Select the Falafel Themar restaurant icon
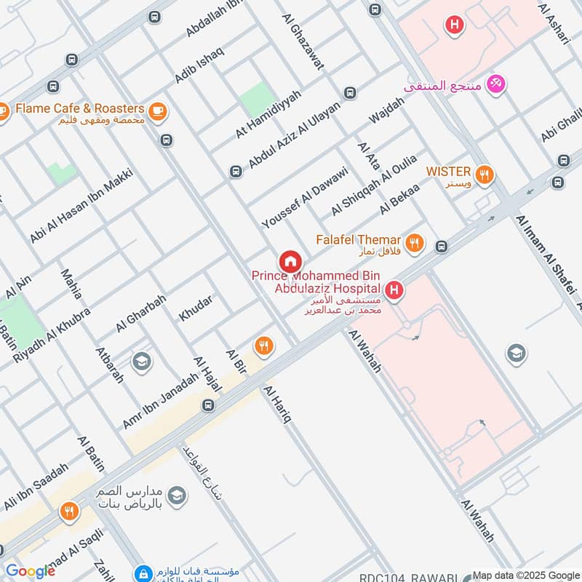pyautogui.click(x=415, y=244)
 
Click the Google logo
pyautogui.click(x=31, y=571)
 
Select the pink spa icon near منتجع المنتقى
pyautogui.click(x=497, y=85)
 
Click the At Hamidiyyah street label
pyautogui.click(x=268, y=115)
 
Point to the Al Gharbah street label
pyautogui.click(x=141, y=314)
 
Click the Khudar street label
pyautogui.click(x=196, y=308)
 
